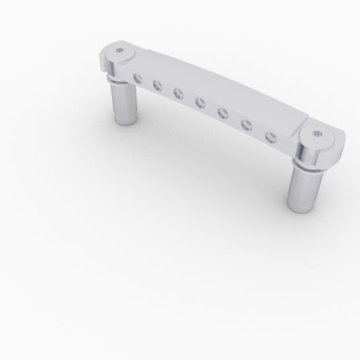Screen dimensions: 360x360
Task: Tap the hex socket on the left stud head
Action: pos(119,50)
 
